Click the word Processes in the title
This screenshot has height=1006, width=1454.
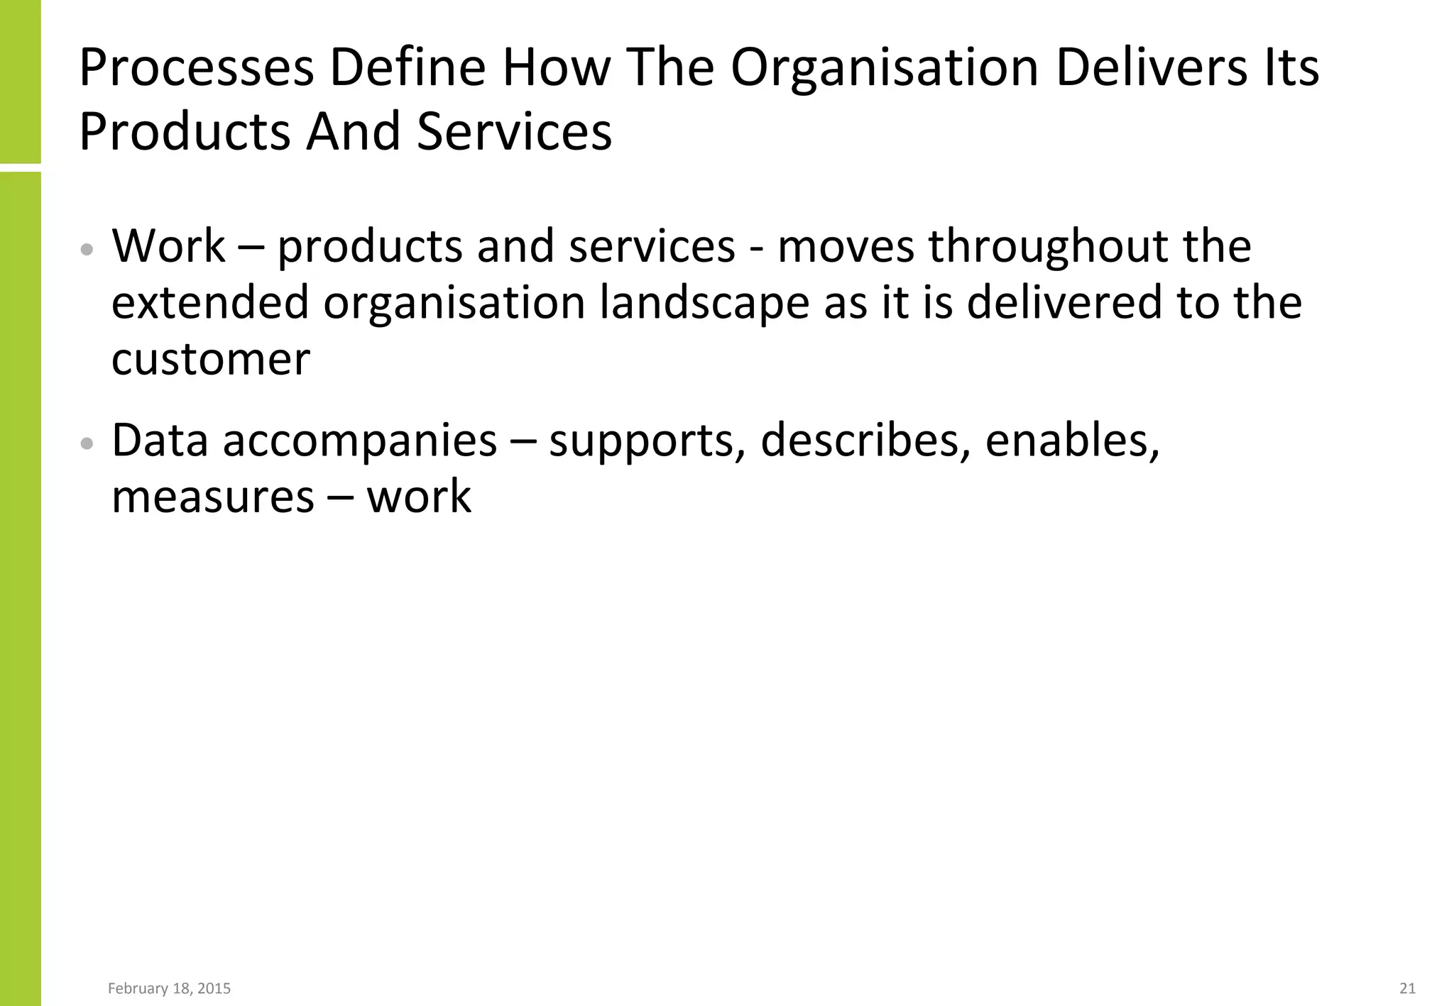click(196, 68)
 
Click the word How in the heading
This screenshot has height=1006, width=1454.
click(557, 68)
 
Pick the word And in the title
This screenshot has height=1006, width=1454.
click(353, 132)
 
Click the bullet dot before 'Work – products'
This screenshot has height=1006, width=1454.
click(87, 250)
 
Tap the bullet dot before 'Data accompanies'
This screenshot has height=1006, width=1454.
click(87, 444)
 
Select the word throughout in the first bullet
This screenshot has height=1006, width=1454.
click(1049, 246)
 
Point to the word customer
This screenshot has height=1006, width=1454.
click(211, 360)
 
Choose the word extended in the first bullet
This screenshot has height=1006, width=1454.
click(210, 303)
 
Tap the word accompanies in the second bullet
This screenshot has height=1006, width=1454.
click(360, 441)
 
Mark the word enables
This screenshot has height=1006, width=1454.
click(1072, 441)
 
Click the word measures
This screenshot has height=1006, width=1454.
click(213, 497)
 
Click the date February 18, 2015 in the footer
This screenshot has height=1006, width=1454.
click(169, 988)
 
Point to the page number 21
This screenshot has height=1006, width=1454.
click(1407, 988)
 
